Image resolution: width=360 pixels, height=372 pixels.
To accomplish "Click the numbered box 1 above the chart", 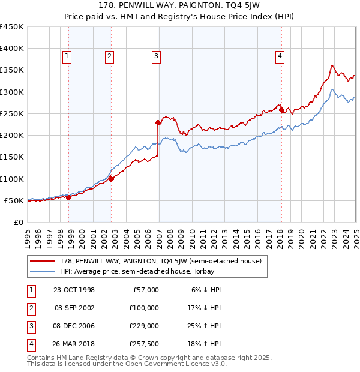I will tap(66, 56).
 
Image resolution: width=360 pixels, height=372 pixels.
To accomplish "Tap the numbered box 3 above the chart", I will tap(156, 56).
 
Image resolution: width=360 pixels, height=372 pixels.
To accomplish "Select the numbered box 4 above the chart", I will tap(280, 56).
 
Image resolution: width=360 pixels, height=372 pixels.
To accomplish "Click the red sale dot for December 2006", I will tap(158, 123).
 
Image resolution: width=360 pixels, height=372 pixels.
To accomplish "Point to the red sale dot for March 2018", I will tap(281, 110).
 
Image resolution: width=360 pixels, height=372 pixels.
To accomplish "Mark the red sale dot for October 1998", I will tap(69, 197).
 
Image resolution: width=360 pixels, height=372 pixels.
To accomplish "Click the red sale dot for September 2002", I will tap(112, 178).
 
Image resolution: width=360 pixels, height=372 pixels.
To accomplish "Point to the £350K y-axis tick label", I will tap(12, 70).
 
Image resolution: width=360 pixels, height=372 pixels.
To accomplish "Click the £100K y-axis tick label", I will tap(12, 179).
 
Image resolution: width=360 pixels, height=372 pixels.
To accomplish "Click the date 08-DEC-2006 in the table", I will tap(74, 326).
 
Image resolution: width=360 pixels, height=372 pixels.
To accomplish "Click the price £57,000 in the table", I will tap(145, 290).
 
